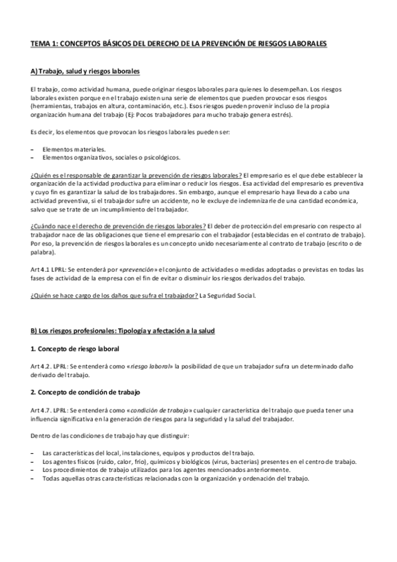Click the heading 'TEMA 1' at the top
pos(178,44)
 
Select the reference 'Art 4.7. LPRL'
pos(49,409)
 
